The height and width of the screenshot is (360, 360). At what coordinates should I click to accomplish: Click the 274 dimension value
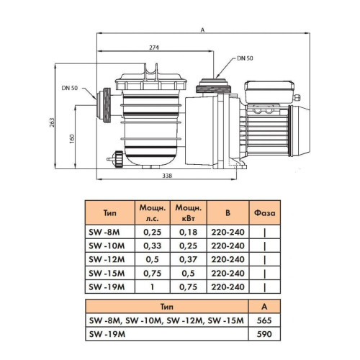154,48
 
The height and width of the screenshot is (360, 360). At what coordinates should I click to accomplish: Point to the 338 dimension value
167,176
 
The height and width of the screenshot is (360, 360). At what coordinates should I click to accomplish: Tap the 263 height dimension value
52,122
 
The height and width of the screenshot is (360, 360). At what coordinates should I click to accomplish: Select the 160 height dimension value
72,139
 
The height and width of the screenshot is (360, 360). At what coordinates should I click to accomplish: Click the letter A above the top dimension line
202,30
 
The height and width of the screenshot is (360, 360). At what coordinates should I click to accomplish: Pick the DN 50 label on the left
70,88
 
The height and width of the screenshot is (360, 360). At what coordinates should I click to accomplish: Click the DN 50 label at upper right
245,58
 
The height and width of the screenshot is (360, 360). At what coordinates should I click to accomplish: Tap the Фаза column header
265,213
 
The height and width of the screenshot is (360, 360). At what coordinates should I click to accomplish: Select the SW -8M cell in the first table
104,232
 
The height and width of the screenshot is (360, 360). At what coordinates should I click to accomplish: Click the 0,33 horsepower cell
153,246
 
